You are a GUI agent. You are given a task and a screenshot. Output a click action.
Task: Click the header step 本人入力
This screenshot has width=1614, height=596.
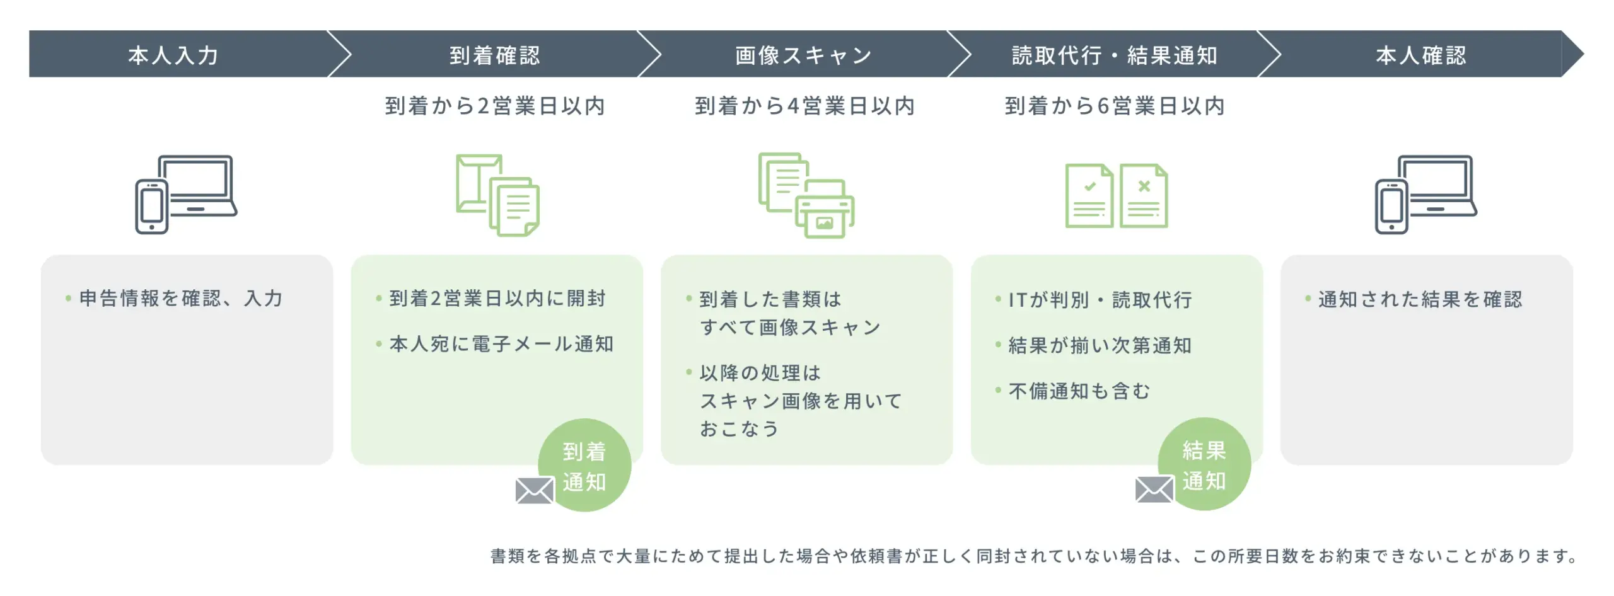point(173,55)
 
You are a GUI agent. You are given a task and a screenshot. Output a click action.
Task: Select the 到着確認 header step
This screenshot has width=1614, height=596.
point(495,55)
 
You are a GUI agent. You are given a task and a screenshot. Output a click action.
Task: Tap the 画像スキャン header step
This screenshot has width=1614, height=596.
point(804,55)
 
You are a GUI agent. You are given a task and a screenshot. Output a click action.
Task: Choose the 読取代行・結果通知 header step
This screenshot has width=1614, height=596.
point(1114,55)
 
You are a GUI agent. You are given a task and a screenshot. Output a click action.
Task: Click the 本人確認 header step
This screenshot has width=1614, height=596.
point(1421,55)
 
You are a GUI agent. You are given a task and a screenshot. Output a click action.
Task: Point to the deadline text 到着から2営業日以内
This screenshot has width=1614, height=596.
point(495,106)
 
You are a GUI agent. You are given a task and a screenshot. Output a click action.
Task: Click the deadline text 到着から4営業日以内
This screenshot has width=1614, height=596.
point(804,106)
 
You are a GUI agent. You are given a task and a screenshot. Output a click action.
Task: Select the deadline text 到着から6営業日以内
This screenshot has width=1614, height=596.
point(1115,106)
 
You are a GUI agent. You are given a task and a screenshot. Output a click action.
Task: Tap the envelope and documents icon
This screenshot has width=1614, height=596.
point(497,195)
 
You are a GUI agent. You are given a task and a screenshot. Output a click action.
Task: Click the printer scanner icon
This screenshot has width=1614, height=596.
point(806,195)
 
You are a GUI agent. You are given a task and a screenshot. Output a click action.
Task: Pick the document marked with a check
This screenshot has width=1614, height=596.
point(1089,196)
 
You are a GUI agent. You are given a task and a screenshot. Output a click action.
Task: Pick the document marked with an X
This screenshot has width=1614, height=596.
point(1144,196)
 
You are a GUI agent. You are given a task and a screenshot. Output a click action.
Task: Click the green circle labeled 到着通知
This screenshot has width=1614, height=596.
point(584,466)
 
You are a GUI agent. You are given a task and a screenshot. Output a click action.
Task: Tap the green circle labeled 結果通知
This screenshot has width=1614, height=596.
point(1204,464)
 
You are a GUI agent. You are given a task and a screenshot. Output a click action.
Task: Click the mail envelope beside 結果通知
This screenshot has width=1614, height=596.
point(1154,490)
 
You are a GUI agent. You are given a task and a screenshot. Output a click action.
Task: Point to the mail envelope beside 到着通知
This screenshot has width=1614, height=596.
point(535,491)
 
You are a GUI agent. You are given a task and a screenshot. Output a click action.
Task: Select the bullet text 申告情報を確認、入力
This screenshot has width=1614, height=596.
point(181,298)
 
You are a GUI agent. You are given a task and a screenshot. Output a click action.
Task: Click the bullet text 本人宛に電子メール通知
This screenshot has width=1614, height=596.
point(501,344)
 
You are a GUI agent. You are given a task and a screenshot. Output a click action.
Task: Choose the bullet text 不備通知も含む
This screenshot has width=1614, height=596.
point(1079,391)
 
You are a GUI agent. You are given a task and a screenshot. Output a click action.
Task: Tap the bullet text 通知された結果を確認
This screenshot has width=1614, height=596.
point(1420,299)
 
